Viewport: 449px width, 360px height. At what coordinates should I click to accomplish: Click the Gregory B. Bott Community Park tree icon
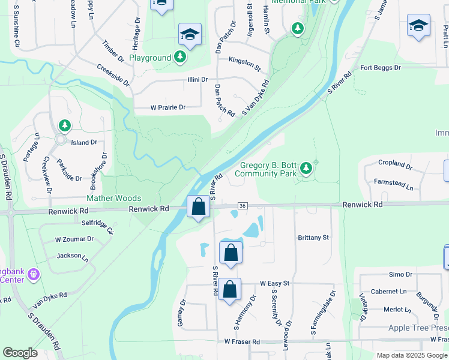[307, 167]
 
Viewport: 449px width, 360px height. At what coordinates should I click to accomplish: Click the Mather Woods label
[114, 198]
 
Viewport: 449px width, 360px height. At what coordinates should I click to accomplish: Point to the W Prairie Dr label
[168, 107]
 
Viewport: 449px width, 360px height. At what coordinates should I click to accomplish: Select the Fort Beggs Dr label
[380, 68]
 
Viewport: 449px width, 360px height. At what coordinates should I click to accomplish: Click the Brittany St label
[313, 238]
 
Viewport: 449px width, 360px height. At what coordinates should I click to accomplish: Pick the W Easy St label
[275, 283]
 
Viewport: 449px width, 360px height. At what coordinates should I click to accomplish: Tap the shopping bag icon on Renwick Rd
[198, 208]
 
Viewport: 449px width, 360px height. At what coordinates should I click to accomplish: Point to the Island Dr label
[84, 143]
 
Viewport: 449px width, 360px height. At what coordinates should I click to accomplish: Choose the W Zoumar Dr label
[74, 239]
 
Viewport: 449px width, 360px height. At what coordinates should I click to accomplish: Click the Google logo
[20, 353]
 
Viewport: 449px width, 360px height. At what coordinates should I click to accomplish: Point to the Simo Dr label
[400, 274]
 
